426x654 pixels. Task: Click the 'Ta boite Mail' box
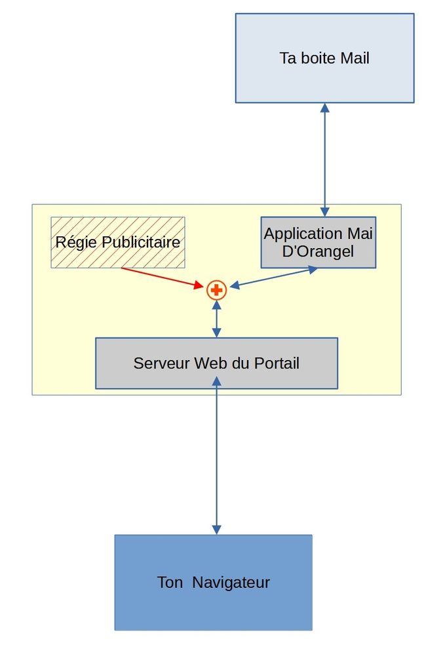coord(324,58)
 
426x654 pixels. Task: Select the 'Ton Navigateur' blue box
coord(213,582)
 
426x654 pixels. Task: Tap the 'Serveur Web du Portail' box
coord(216,363)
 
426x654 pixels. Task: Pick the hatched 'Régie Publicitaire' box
coord(118,242)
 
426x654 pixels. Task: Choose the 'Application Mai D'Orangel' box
coord(318,242)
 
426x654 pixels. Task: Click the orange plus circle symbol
coord(216,289)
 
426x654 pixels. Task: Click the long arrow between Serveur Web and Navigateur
coord(216,458)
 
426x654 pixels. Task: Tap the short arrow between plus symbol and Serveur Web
coord(216,319)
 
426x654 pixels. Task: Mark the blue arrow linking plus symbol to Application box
coord(274,277)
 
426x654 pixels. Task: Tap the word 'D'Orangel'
coord(318,251)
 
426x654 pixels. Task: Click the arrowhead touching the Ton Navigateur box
coord(216,529)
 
